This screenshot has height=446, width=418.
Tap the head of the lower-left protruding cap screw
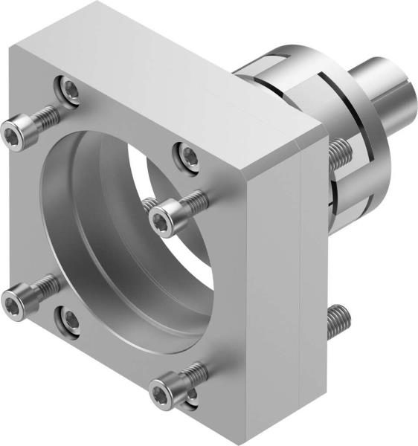pos(13,300)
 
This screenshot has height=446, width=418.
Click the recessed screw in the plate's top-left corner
pos(70,90)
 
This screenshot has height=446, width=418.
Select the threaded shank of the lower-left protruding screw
pos(45,285)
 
